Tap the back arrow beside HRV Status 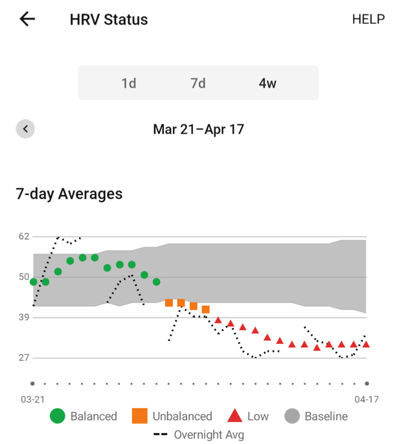pyautogui.click(x=27, y=19)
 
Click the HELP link pyautogui.click(x=368, y=19)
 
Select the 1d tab pyautogui.click(x=129, y=83)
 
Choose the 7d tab pyautogui.click(x=198, y=83)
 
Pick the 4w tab pyautogui.click(x=267, y=83)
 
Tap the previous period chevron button pyautogui.click(x=25, y=129)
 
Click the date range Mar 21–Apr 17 pyautogui.click(x=198, y=129)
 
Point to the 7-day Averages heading pyautogui.click(x=69, y=194)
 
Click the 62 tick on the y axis pyautogui.click(x=24, y=236)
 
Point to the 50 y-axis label pyautogui.click(x=24, y=276)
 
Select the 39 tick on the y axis pyautogui.click(x=24, y=317)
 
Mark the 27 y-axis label pyautogui.click(x=24, y=357)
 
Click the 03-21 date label pyautogui.click(x=33, y=399)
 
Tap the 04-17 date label pyautogui.click(x=367, y=399)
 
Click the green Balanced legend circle pyautogui.click(x=58, y=416)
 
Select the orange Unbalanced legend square pyautogui.click(x=140, y=416)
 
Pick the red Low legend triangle pyautogui.click(x=235, y=416)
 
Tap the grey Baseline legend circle pyautogui.click(x=292, y=416)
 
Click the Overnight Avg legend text pyautogui.click(x=209, y=435)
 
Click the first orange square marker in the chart pyautogui.click(x=169, y=302)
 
